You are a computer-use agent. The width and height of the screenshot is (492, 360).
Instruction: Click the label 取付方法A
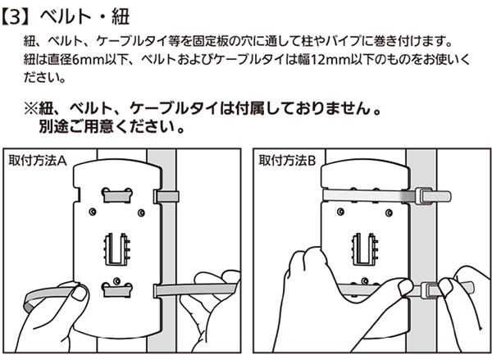coord(38,161)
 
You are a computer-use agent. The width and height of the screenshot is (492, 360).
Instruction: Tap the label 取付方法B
coord(287,161)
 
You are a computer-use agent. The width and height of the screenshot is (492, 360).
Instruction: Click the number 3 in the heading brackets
coord(15,17)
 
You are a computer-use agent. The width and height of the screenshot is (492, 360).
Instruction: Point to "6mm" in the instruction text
coord(89,59)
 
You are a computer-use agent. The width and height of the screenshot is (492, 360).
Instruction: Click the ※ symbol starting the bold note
coord(31,109)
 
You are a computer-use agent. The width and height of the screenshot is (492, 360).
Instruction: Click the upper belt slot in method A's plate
coord(116,195)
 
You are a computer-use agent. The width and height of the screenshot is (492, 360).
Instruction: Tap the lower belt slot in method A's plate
coord(116,289)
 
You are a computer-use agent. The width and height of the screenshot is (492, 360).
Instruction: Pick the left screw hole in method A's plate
coord(93,212)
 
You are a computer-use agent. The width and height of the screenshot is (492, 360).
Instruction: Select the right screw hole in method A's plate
coord(141,212)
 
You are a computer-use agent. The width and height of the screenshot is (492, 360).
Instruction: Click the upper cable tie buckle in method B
coord(423,196)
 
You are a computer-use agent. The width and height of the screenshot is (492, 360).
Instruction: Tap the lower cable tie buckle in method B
coord(429,290)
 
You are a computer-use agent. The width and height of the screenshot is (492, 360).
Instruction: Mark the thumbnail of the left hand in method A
coord(79,293)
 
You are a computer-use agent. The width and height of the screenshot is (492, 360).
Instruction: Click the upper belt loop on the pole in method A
coord(166,197)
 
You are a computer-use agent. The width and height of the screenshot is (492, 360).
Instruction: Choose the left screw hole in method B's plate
coord(340,212)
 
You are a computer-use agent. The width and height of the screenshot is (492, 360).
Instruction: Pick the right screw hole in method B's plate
coord(389,212)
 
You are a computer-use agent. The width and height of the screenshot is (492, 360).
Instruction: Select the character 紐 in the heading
coord(121,17)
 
